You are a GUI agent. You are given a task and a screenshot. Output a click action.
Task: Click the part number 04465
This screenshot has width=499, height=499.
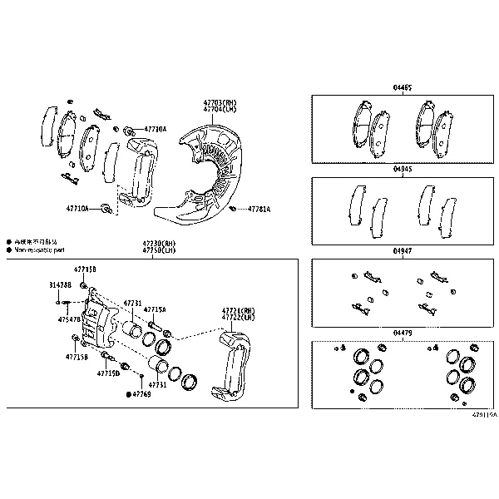403,87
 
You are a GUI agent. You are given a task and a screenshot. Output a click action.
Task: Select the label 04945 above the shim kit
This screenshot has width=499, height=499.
403,169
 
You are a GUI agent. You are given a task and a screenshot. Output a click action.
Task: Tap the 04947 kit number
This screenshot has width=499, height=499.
403,250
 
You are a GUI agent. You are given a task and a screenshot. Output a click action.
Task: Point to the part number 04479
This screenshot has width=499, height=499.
403,333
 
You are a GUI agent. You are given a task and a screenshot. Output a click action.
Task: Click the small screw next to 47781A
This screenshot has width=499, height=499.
235,208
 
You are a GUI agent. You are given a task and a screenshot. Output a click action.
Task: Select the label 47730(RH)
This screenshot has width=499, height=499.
159,242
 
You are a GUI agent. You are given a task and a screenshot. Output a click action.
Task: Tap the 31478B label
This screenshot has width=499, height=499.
61,285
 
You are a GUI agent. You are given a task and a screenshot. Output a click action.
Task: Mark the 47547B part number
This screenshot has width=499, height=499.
69,319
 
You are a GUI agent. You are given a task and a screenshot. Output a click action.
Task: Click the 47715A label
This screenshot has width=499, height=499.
155,309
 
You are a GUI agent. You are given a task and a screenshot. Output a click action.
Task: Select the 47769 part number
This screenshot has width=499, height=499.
142,393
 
